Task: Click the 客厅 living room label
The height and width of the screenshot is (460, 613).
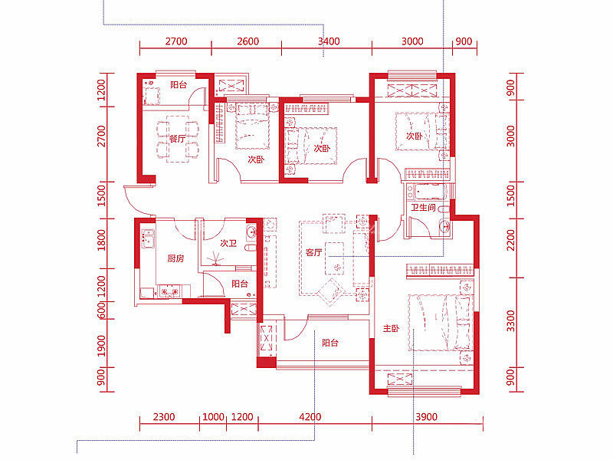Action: tap(314, 253)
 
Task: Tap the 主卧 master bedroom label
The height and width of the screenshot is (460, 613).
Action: tap(391, 329)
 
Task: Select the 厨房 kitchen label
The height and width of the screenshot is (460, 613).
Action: tap(175, 258)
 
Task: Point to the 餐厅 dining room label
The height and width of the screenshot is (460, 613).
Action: tap(177, 139)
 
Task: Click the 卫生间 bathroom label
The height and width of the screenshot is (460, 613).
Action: tap(424, 207)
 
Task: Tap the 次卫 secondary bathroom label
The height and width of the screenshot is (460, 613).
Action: tap(228, 243)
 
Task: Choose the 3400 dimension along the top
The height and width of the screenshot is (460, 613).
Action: tap(329, 41)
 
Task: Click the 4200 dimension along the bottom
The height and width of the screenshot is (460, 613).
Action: tap(310, 416)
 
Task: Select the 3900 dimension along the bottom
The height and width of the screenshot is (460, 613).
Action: tap(426, 416)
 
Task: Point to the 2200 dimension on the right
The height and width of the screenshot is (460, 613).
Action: tap(510, 240)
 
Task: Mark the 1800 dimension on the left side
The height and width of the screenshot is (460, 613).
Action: tap(101, 240)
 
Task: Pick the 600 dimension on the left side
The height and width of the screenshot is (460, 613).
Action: tap(101, 310)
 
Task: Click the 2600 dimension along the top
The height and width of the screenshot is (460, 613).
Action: tap(247, 41)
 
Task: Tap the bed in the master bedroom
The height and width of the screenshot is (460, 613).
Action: tap(440, 323)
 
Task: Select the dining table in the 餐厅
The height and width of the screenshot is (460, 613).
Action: tap(178, 139)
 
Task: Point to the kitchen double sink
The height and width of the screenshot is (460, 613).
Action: tap(148, 238)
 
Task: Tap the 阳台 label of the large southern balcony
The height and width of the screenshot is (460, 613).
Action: tap(330, 343)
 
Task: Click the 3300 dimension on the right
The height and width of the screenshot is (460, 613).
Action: tap(510, 320)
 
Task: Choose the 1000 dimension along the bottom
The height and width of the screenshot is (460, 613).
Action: tap(213, 416)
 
